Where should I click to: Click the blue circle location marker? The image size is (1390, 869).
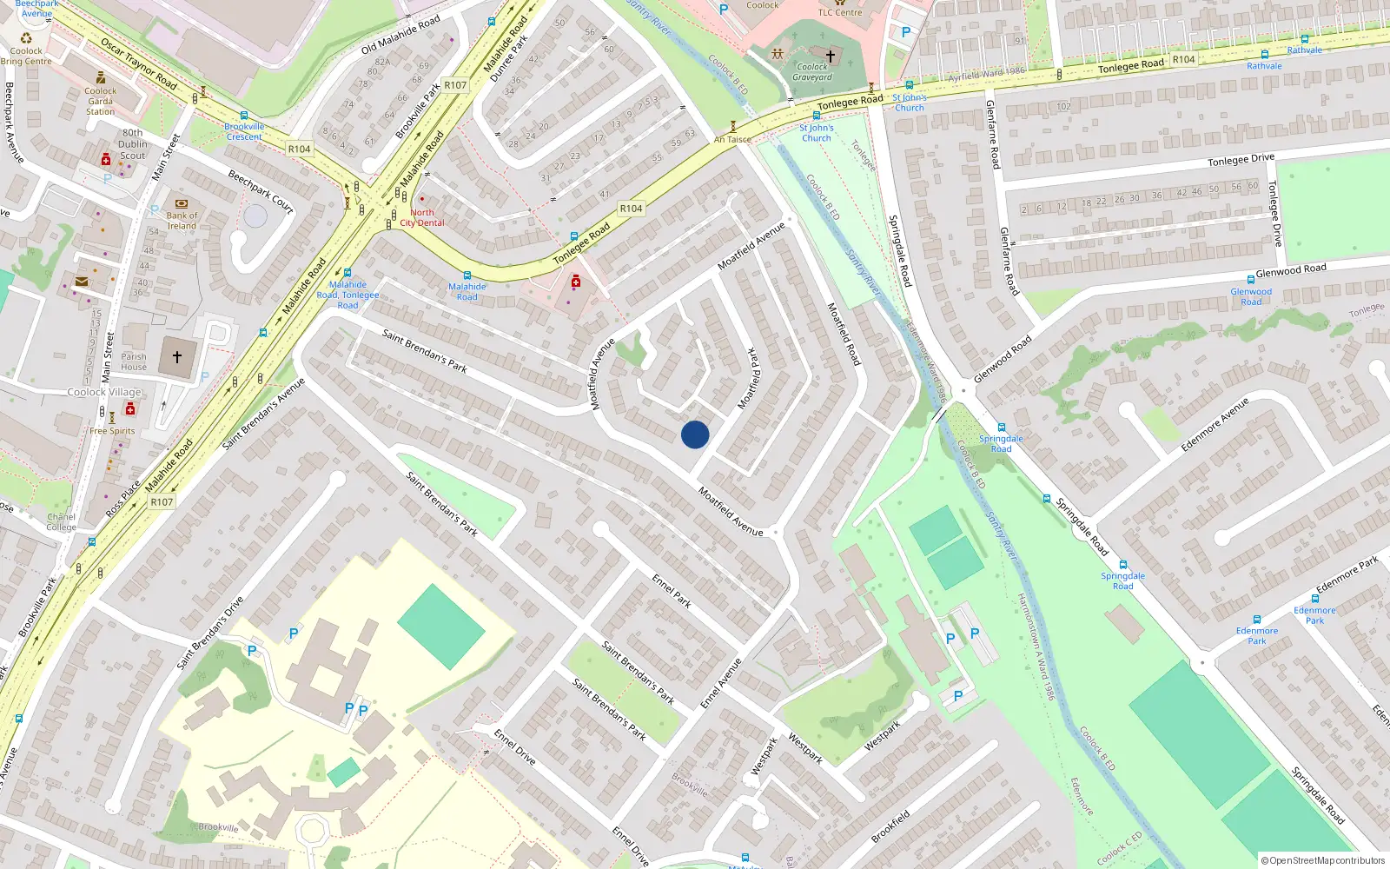[695, 434]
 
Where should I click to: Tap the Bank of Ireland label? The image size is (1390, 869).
[182, 221]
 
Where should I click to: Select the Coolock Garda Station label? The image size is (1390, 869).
[100, 102]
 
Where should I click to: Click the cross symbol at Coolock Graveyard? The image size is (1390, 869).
[831, 56]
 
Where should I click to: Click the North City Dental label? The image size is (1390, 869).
[422, 217]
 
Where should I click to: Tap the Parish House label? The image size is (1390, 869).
[134, 362]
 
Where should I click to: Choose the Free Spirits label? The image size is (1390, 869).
[112, 431]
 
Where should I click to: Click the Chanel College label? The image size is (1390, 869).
[61, 522]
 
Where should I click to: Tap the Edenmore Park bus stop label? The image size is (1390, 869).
[1257, 636]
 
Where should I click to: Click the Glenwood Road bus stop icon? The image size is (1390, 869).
[1250, 280]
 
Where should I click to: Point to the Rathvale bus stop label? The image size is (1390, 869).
[1264, 66]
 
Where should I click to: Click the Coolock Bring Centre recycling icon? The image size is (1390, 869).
[26, 38]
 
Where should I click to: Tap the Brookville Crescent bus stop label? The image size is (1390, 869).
[244, 131]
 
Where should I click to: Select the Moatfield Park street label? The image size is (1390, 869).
[748, 378]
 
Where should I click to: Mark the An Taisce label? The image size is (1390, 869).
[732, 139]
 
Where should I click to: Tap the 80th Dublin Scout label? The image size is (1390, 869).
[132, 144]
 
